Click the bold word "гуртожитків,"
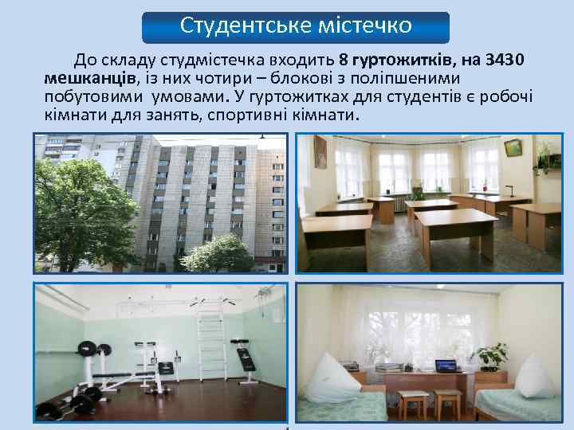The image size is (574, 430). [x=411, y=61]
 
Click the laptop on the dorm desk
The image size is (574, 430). [x=446, y=365]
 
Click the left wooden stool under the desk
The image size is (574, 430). [x=413, y=402]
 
